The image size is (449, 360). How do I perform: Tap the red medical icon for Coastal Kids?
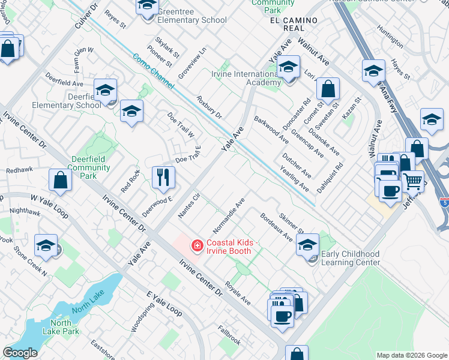click(196, 245)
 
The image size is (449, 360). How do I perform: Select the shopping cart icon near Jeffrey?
click(412, 180)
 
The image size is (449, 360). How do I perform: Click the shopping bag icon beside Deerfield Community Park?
click(61, 179)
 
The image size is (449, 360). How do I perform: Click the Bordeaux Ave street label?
click(276, 227)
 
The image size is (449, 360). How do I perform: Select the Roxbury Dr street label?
click(209, 107)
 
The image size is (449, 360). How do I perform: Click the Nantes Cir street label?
click(188, 206)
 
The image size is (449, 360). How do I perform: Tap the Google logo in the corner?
click(20, 353)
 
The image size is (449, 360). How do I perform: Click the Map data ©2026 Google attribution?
click(412, 355)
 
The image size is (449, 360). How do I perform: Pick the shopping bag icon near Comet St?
click(328, 89)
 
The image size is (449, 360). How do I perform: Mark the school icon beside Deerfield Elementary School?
click(106, 91)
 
